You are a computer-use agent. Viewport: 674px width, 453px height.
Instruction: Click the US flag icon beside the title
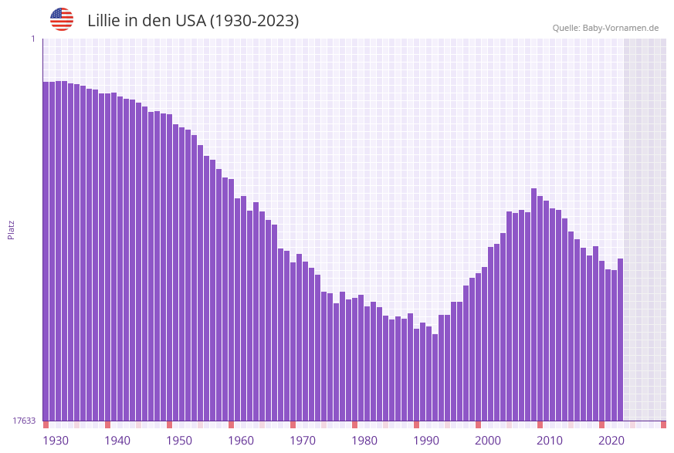coord(62,19)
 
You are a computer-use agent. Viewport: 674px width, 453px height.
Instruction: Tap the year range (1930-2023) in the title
coord(254,21)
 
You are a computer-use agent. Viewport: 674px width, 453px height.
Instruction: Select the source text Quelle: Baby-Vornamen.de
coord(605,28)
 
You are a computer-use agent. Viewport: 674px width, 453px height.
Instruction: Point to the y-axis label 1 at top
coord(32,39)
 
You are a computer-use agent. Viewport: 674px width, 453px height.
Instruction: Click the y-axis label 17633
coord(24,421)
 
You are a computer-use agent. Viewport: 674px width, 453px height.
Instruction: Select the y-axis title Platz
coord(12,229)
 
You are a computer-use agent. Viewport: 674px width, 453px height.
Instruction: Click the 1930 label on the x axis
coord(56,441)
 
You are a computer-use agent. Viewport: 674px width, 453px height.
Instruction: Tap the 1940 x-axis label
coord(117,441)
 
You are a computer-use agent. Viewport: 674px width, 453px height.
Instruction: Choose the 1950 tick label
coord(179,441)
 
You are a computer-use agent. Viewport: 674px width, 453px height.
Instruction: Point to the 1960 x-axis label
coord(241,441)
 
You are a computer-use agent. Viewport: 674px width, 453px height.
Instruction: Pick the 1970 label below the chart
coord(303,441)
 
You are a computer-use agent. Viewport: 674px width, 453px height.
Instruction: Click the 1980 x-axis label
coord(364,441)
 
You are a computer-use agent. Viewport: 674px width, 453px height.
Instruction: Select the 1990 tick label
coord(426,441)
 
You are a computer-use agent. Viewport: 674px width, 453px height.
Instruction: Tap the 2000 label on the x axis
coord(488,441)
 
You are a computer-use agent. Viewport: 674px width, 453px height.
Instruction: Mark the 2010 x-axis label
coord(550,441)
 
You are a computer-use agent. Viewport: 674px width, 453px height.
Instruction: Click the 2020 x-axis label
coord(611,441)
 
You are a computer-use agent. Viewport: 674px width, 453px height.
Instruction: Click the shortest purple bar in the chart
coord(435,377)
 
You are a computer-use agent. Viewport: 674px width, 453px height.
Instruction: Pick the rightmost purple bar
coord(620,340)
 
